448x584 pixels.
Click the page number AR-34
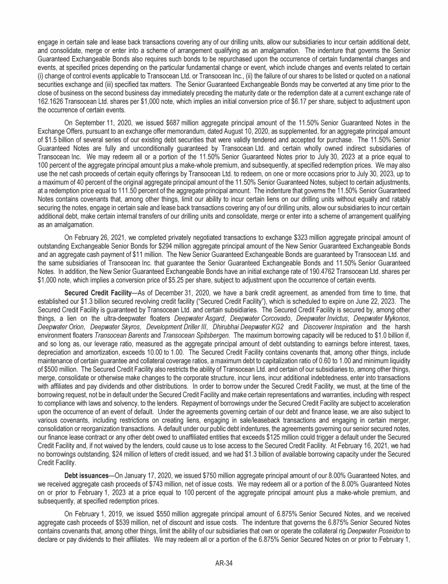223,563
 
